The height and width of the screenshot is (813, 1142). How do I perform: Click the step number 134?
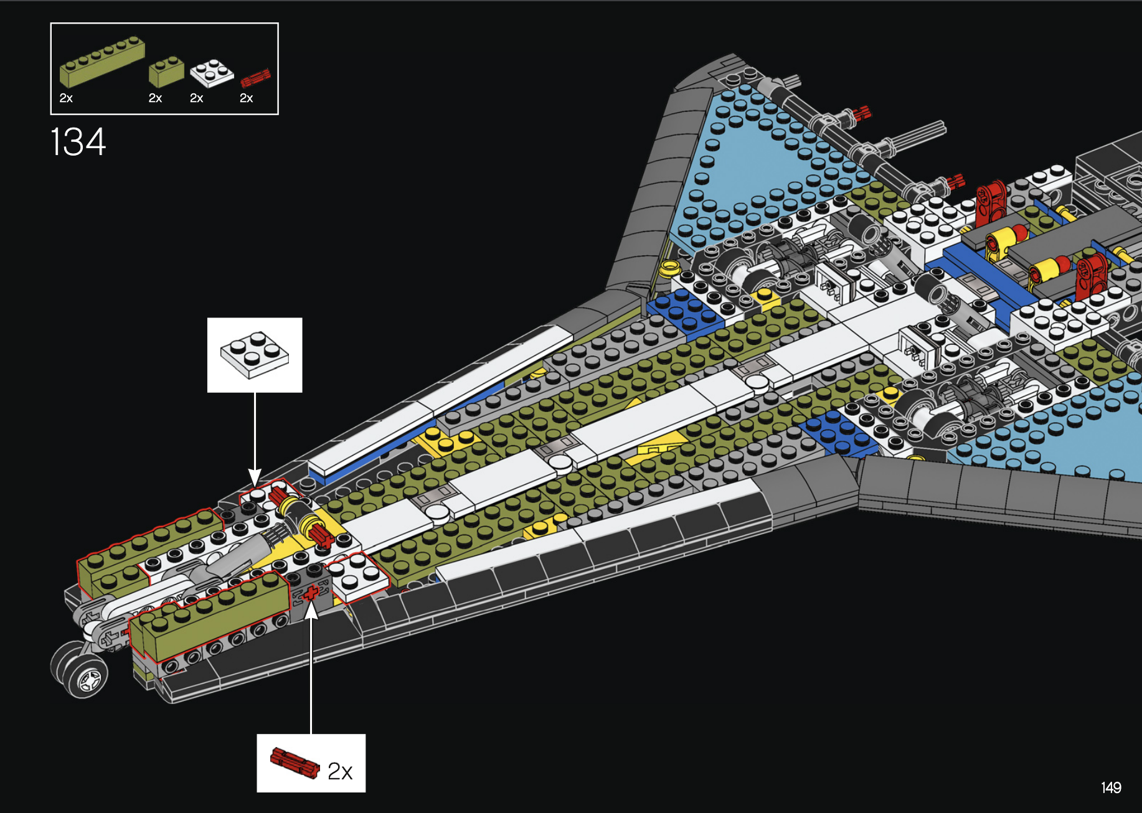coord(78,142)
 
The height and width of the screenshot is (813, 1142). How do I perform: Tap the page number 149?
coord(1111,787)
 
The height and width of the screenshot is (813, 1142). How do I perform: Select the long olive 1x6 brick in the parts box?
coord(102,62)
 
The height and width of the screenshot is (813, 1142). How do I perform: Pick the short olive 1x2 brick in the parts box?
coord(166,71)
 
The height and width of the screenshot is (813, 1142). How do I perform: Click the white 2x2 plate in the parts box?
coord(212,73)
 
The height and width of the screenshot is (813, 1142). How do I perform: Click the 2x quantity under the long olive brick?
coord(66,98)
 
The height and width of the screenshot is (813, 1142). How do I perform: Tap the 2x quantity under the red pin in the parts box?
coord(247,98)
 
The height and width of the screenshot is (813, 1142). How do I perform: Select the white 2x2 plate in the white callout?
coord(255,354)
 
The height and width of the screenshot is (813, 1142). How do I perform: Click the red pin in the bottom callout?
coord(294,763)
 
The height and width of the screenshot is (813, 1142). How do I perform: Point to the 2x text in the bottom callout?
coord(340,771)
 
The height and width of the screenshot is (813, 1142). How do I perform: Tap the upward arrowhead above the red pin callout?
coord(311,610)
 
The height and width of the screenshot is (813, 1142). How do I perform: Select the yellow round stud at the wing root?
coord(669,268)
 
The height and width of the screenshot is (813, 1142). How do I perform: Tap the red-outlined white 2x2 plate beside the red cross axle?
coord(357,576)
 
